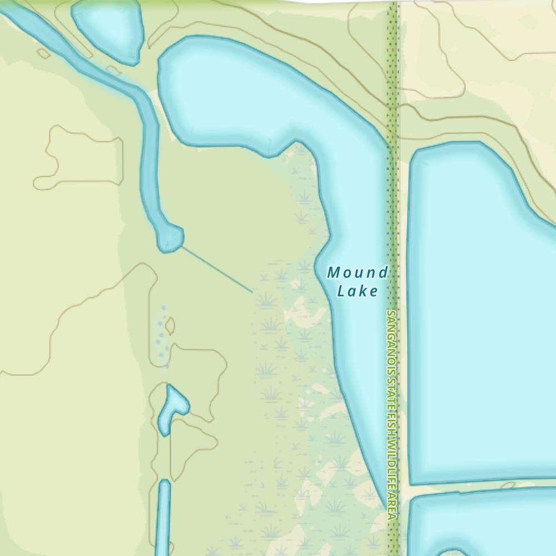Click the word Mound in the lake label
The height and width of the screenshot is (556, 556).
point(357,273)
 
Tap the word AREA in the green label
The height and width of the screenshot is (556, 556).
point(392,505)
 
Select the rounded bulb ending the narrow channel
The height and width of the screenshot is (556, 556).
point(170,238)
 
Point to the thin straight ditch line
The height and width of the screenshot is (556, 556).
point(217,269)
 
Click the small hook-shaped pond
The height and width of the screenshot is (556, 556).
point(172,409)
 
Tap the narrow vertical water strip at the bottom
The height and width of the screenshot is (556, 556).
point(164,517)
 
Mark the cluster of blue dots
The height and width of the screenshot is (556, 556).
point(161,334)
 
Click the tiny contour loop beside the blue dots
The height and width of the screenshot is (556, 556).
point(170,326)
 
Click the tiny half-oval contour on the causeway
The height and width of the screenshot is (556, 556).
point(507,485)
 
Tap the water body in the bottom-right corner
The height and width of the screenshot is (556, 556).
point(484,525)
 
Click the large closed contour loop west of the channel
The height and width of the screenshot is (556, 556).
point(78,158)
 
